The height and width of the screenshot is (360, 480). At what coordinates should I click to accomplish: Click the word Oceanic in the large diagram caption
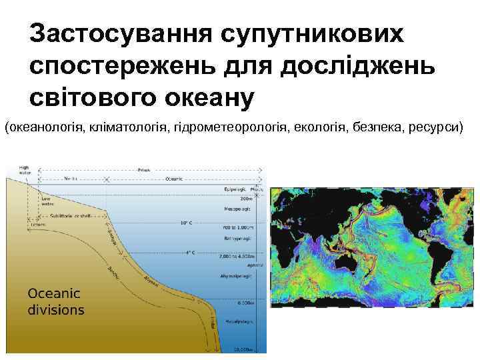click(x=54, y=293)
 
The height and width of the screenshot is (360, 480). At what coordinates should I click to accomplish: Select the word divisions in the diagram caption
click(x=57, y=309)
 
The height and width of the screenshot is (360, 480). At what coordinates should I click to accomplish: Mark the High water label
click(x=25, y=169)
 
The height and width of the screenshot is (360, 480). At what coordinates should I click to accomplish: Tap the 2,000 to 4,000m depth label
click(x=237, y=255)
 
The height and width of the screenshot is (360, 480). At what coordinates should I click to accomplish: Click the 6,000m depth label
click(x=243, y=303)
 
